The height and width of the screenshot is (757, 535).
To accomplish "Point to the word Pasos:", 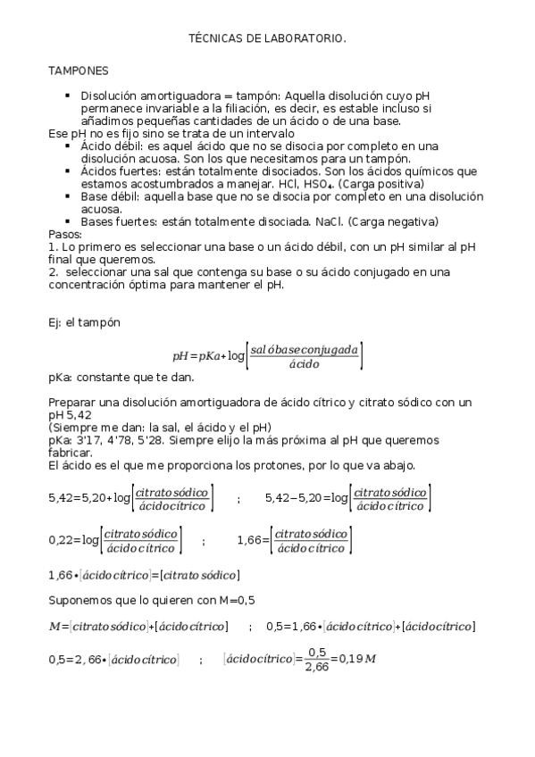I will pyautogui.click(x=64, y=234).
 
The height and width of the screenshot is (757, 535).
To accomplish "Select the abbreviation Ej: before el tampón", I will pyautogui.click(x=55, y=323).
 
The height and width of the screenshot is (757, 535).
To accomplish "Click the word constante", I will pyautogui.click(x=103, y=378).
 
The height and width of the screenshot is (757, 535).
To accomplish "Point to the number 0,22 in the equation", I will pyautogui.click(x=61, y=540).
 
